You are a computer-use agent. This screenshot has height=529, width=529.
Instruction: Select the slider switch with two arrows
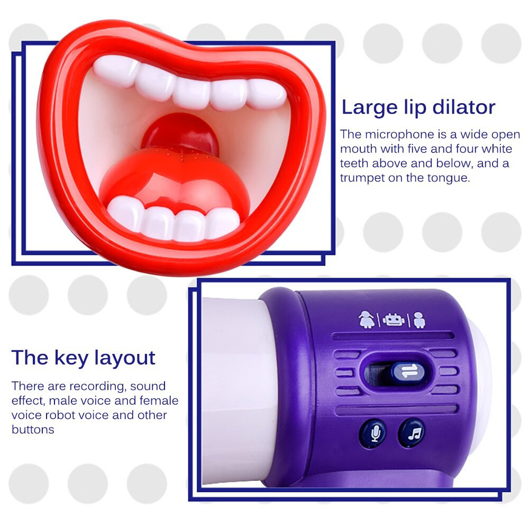[407, 372]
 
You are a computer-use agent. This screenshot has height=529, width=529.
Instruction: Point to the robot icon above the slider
[392, 320]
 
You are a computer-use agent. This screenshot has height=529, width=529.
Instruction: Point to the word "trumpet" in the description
[362, 178]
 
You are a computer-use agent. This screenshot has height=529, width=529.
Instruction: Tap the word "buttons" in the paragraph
[33, 429]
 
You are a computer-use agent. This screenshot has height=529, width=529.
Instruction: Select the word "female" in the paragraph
[159, 400]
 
